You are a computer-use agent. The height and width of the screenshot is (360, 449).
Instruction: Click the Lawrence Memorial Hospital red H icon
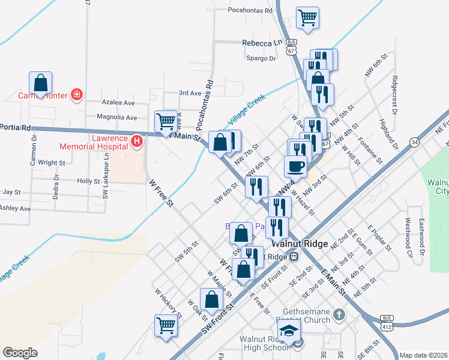[x=137, y=141]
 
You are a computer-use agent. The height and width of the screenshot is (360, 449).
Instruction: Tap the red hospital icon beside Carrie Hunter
[x=76, y=94]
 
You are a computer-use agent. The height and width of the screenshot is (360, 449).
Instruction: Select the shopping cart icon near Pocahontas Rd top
[x=307, y=17]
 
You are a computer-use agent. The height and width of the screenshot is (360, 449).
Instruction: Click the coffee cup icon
[x=295, y=166]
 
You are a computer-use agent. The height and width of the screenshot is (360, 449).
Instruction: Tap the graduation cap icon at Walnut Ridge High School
[x=289, y=329]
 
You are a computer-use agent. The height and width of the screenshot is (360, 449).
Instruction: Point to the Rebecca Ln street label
[x=262, y=43]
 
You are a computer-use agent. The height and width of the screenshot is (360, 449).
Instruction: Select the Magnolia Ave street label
[x=118, y=118]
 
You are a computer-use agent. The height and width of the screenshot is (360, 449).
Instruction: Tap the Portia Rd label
[x=16, y=127]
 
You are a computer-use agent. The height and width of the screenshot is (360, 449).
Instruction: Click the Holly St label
[x=88, y=181]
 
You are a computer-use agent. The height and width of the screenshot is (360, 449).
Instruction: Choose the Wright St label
[x=51, y=163]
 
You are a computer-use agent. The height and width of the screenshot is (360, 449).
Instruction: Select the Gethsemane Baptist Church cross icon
[x=339, y=314]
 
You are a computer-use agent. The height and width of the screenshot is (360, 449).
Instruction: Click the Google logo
[x=20, y=353]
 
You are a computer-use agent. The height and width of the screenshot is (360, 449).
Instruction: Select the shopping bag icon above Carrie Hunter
[x=40, y=82]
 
